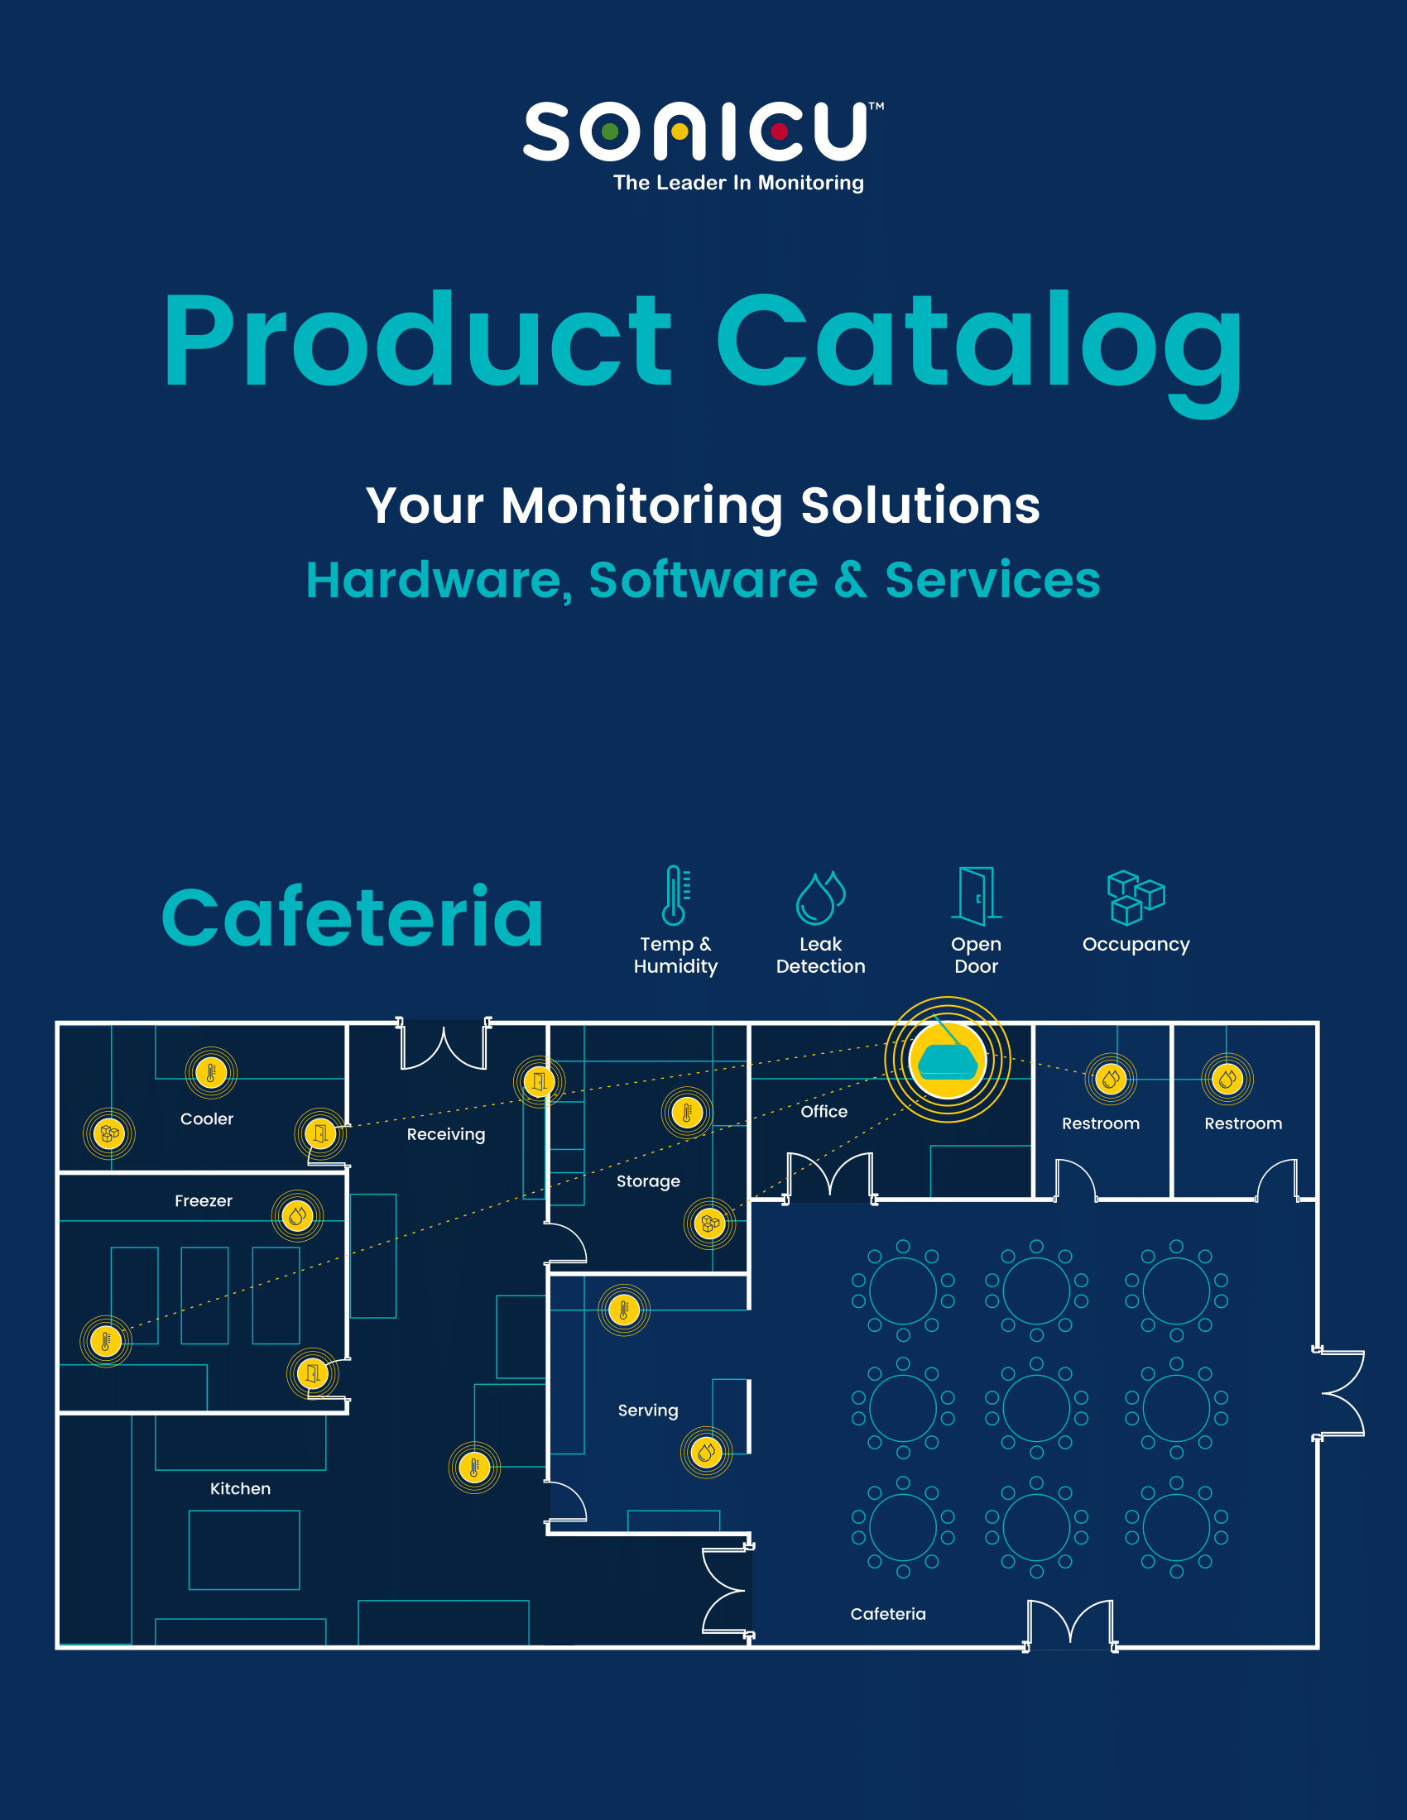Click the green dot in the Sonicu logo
point(610,132)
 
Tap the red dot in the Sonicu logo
point(780,132)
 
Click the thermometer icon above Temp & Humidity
point(675,896)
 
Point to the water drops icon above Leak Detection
point(820,898)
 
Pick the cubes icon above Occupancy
point(1136,898)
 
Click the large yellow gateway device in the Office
point(948,1059)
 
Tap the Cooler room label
point(207,1119)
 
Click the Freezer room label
point(204,1201)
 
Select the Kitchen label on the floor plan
point(240,1488)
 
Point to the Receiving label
point(446,1134)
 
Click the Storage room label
point(649,1181)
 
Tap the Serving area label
point(648,1410)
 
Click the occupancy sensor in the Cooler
point(109,1133)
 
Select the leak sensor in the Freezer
point(297,1217)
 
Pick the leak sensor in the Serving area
point(707,1453)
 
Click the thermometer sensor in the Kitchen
point(474,1468)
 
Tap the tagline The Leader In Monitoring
point(738,183)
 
